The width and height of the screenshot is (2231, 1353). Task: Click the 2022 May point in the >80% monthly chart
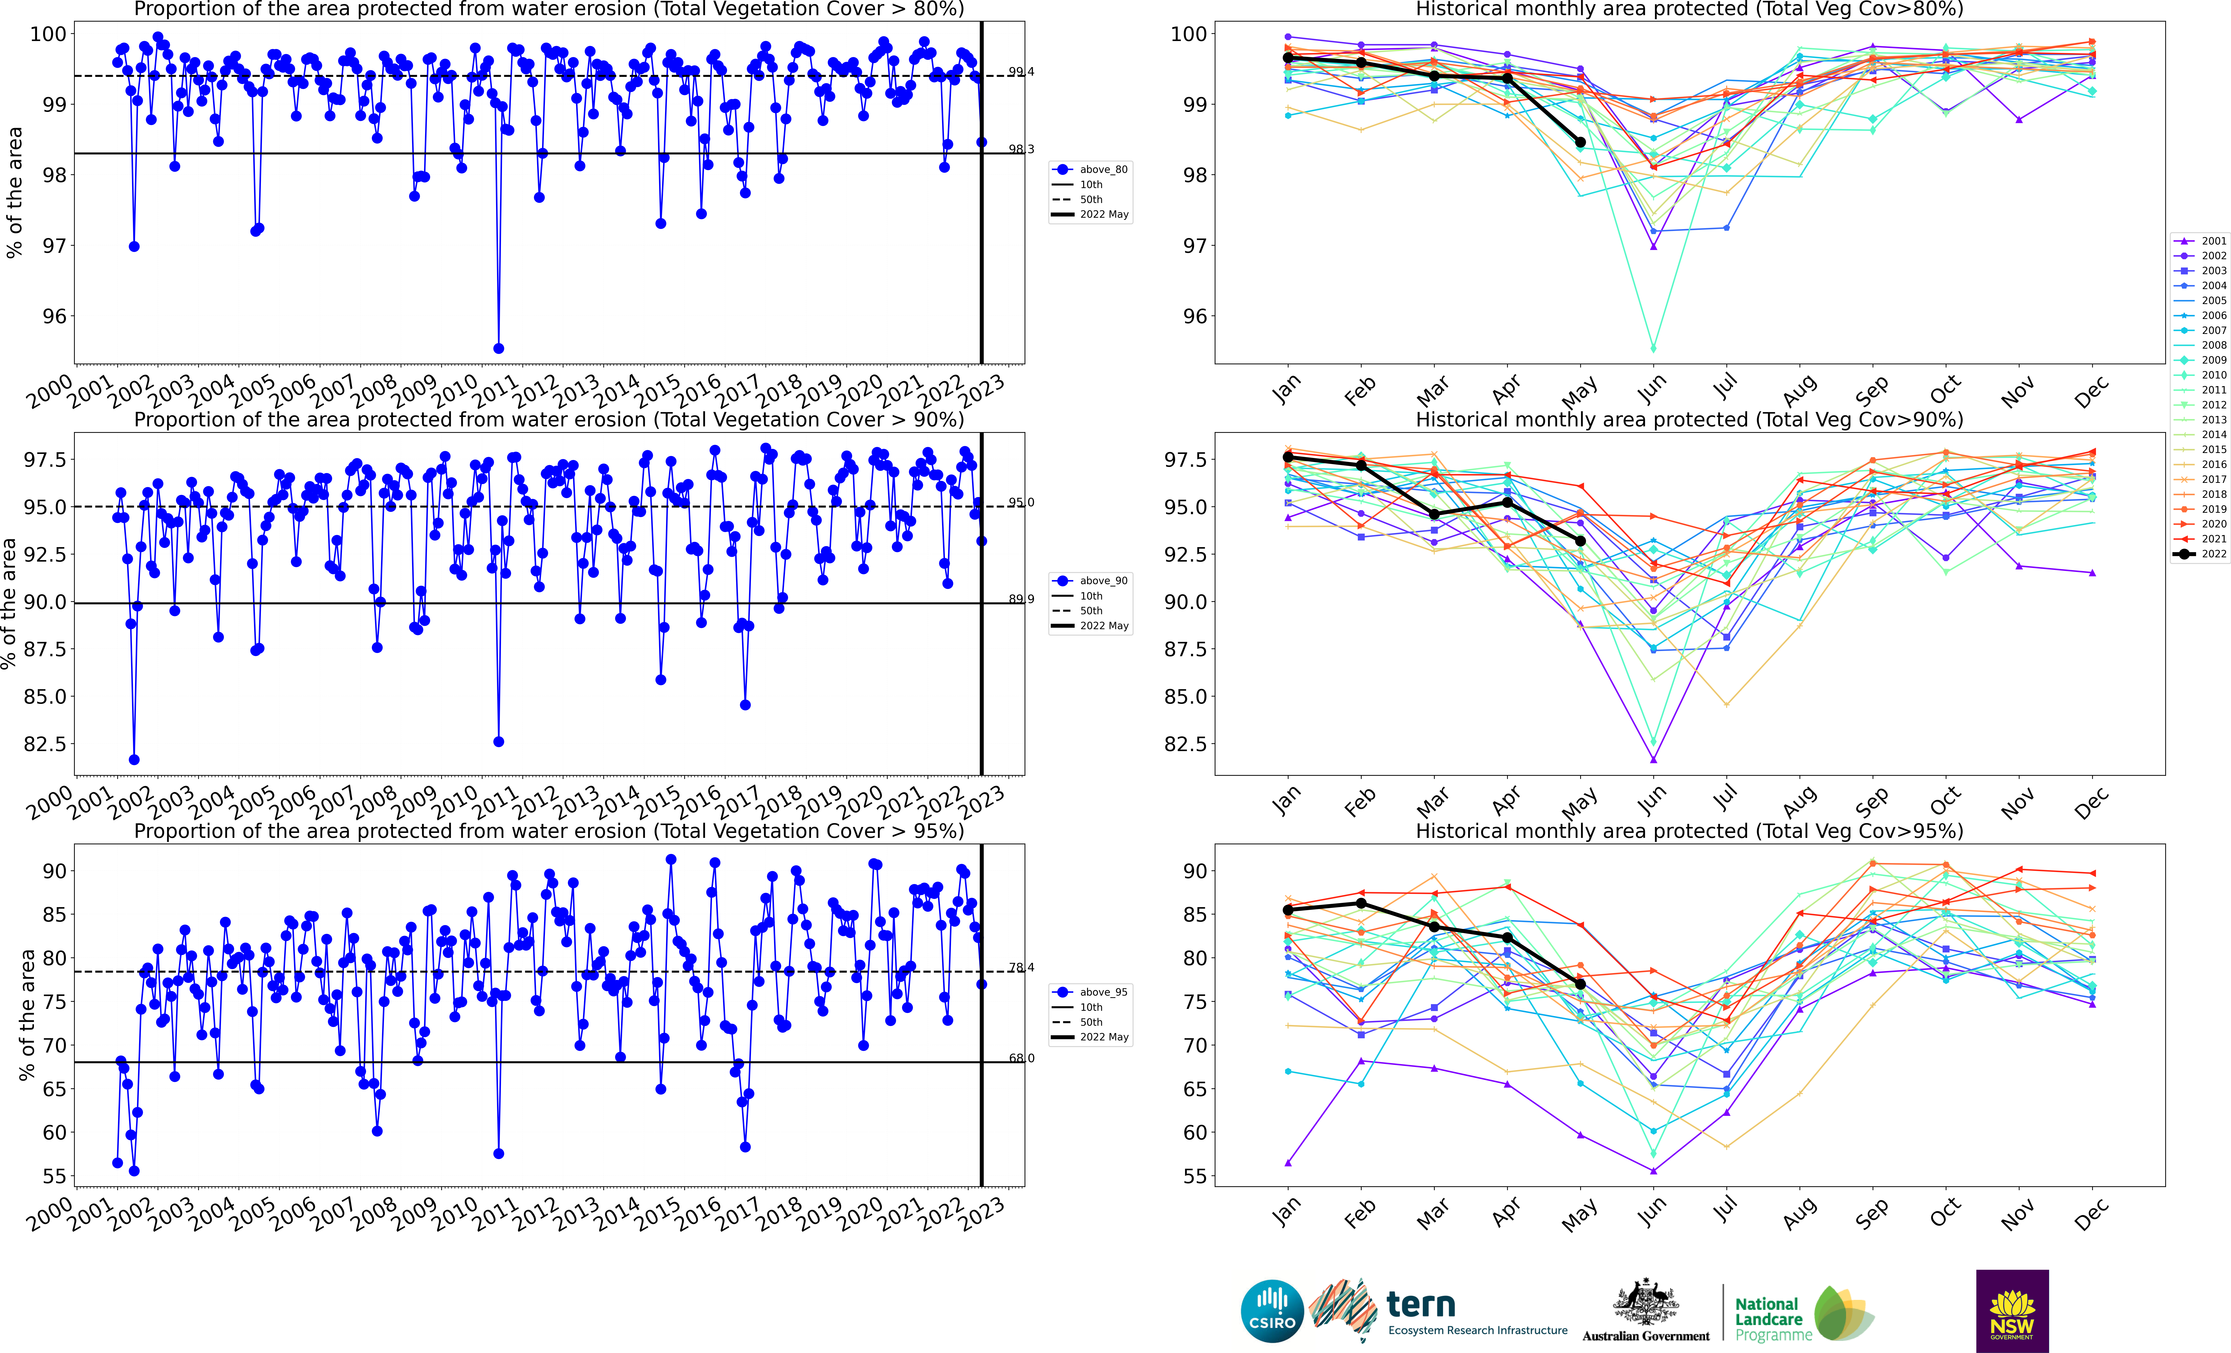(1580, 142)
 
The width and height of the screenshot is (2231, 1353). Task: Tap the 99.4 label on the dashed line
(1020, 71)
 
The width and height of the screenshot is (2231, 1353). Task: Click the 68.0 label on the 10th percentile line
(1020, 1058)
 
